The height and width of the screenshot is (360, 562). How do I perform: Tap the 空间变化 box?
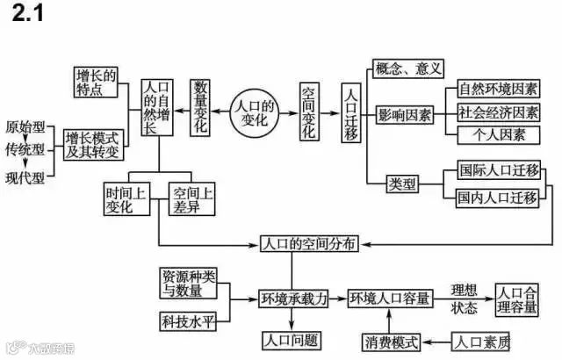click(309, 114)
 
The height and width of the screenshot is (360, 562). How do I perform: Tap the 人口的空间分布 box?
click(310, 243)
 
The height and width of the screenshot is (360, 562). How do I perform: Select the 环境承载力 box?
click(293, 299)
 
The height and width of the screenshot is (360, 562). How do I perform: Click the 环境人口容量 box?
click(391, 299)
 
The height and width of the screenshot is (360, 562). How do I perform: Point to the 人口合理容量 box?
click(522, 299)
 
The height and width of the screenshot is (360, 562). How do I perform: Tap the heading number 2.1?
click(28, 15)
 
